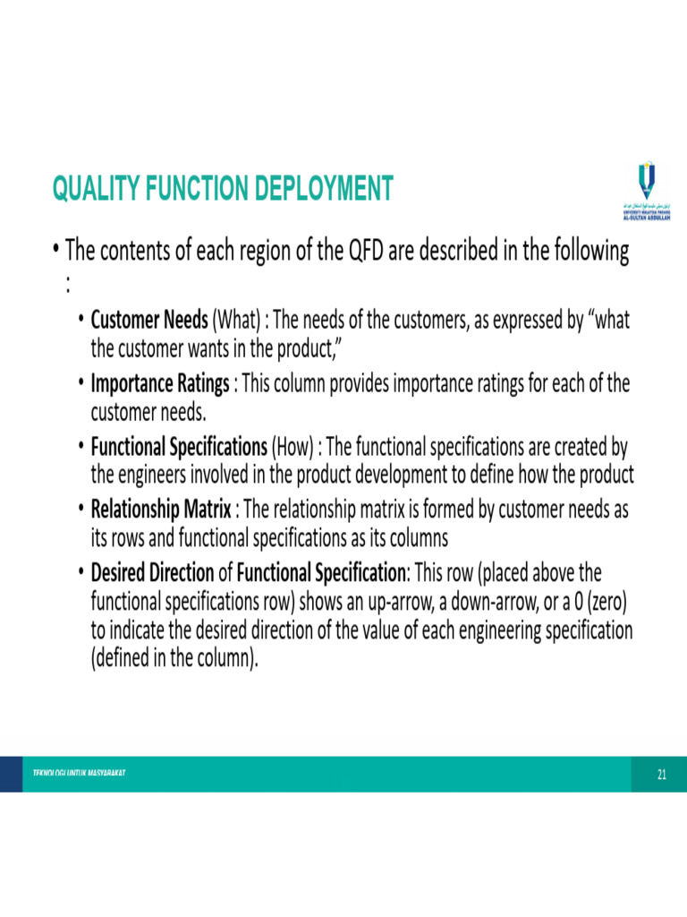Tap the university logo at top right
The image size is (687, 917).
click(645, 192)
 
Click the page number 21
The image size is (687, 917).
click(662, 775)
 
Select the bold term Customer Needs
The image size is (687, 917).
click(149, 320)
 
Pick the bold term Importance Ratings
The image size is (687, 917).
click(160, 383)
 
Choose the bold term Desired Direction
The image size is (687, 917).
click(153, 572)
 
